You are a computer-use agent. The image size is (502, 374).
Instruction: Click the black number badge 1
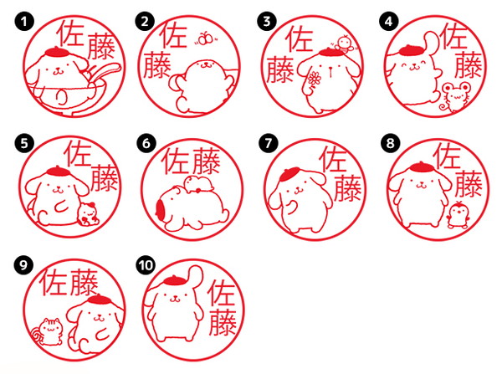pyautogui.click(x=24, y=22)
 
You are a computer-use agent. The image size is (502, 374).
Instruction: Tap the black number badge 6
pyautogui.click(x=146, y=143)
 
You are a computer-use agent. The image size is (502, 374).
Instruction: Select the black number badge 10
pyautogui.click(x=146, y=265)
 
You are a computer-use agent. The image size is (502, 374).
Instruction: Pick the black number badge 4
pyautogui.click(x=389, y=22)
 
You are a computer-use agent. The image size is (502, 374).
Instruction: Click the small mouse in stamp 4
pyautogui.click(x=452, y=97)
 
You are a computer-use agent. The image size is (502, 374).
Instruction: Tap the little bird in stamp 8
pyautogui.click(x=458, y=214)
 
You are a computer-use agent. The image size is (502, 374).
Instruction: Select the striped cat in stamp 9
pyautogui.click(x=49, y=331)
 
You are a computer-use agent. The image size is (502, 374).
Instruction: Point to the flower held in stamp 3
pyautogui.click(x=314, y=79)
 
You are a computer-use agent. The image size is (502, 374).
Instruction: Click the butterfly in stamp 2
pyautogui.click(x=206, y=39)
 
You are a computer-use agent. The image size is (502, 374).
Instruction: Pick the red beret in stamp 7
pyautogui.click(x=289, y=174)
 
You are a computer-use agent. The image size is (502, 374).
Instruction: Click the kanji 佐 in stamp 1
pyautogui.click(x=70, y=33)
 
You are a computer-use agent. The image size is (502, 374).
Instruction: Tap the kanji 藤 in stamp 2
pyautogui.click(x=156, y=65)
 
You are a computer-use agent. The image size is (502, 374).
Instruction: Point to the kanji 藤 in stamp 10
pyautogui.click(x=223, y=322)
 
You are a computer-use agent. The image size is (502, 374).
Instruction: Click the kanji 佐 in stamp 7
pyautogui.click(x=334, y=159)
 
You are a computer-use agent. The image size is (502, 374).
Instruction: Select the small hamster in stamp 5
pyautogui.click(x=88, y=214)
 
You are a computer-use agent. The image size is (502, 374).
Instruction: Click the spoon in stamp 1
pyautogui.click(x=104, y=74)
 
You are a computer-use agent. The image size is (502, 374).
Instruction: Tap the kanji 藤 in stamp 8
pyautogui.click(x=468, y=183)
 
